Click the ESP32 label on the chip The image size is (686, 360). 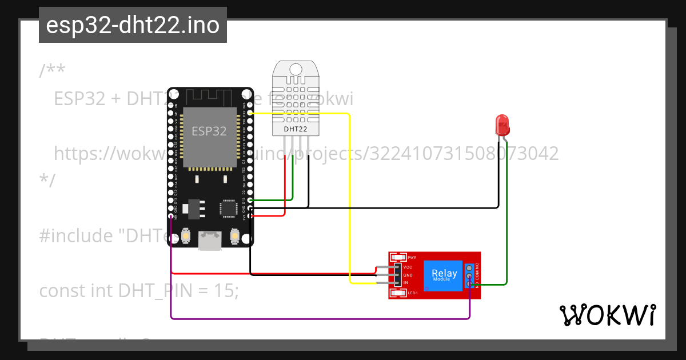pos(209,131)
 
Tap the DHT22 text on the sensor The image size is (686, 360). pos(296,129)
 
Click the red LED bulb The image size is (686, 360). pos(502,124)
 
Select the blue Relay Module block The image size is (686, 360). pos(444,275)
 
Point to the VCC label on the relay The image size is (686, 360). pos(408,267)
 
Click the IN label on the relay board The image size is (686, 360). pos(405,283)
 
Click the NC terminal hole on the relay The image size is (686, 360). pos(469,267)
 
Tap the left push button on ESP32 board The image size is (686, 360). pos(186,235)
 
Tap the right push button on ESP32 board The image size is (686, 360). pos(234,235)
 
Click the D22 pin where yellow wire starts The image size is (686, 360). pos(250,113)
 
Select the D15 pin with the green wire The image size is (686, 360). pos(250,201)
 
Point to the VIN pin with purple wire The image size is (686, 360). pos(171,217)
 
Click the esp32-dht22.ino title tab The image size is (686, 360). pos(133,25)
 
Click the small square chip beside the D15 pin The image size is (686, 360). pos(229,208)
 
